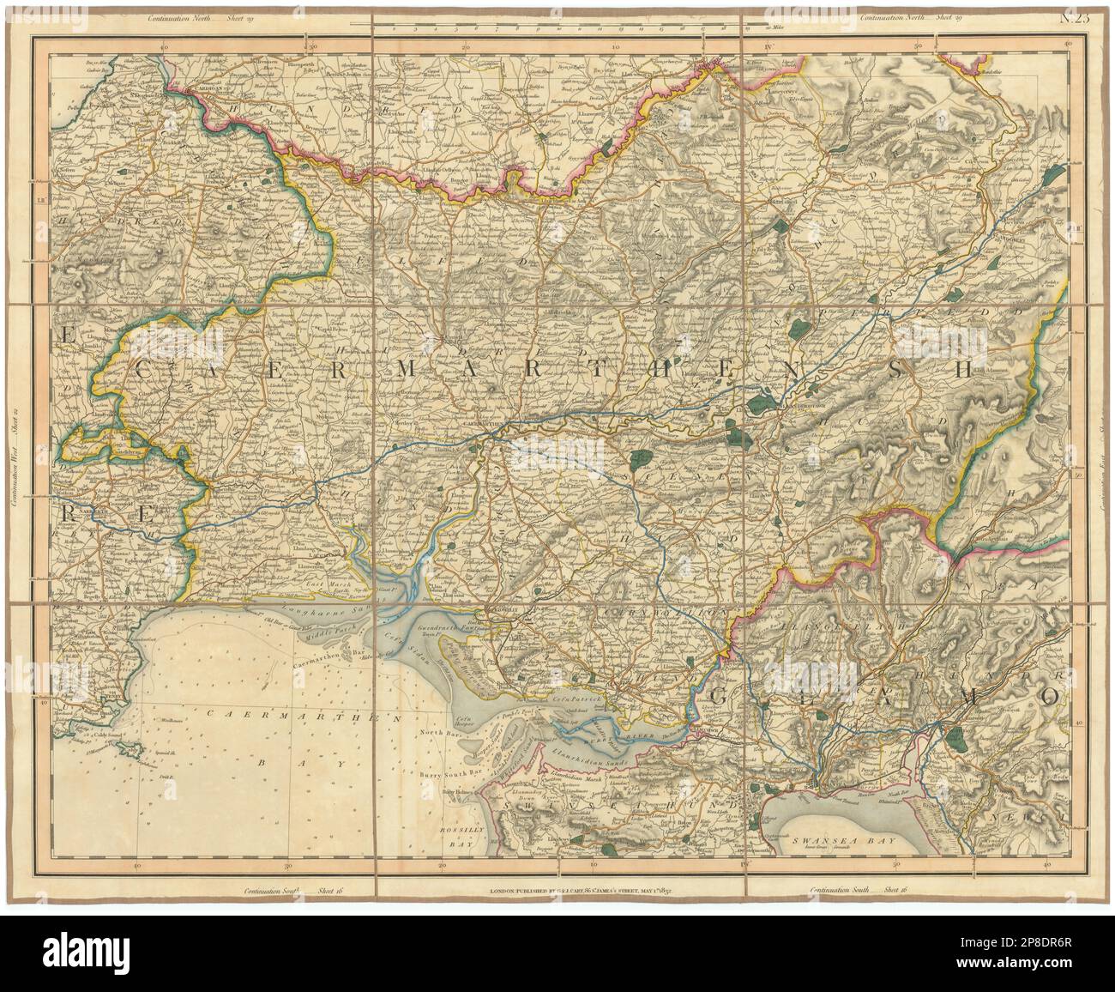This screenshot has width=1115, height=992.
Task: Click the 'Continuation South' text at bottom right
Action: coord(841,892)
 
